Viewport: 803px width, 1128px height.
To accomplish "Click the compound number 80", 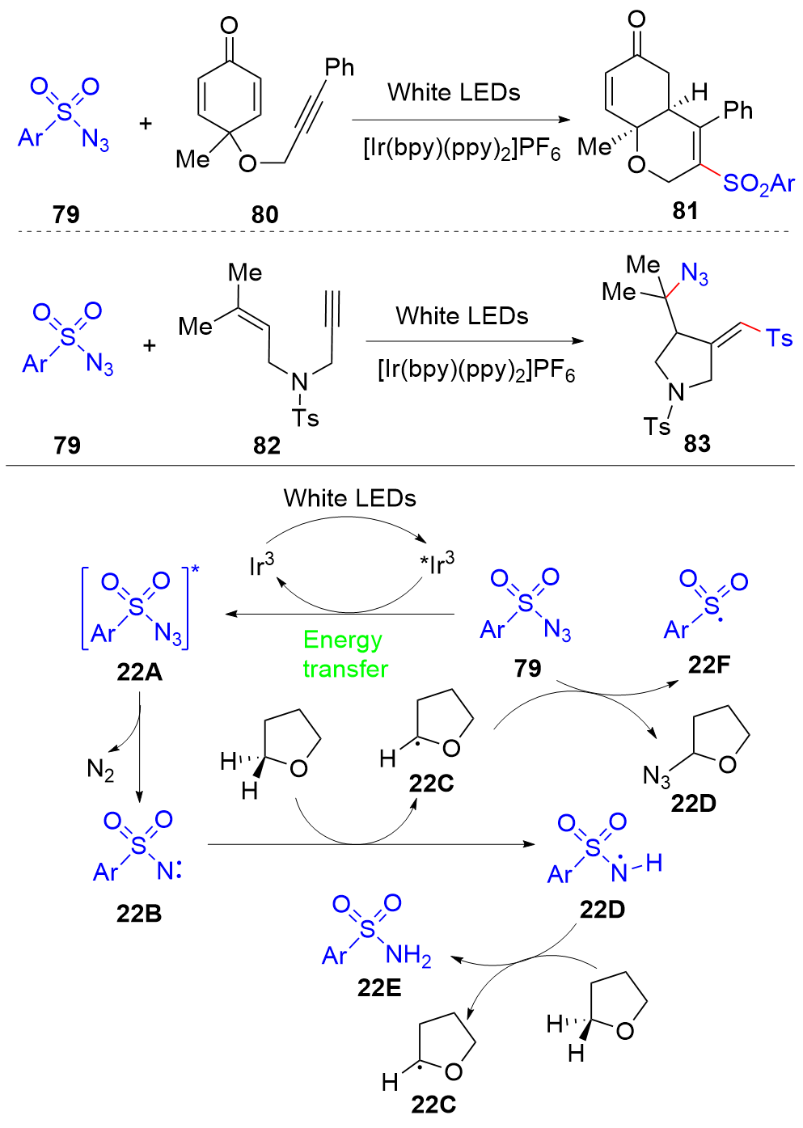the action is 265,215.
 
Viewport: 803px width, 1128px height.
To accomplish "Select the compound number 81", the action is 685,211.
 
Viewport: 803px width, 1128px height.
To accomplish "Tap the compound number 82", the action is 267,446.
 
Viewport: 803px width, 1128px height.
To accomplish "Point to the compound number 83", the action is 697,444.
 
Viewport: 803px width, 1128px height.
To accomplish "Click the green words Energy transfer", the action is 345,654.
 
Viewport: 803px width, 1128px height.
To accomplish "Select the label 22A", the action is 140,672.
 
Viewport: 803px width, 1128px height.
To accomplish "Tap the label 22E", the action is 379,988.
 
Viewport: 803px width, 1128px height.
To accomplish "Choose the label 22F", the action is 709,665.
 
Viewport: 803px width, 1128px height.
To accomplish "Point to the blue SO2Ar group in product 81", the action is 759,184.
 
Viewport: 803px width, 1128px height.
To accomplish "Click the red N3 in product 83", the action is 695,274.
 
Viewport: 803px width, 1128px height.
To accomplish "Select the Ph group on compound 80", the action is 339,67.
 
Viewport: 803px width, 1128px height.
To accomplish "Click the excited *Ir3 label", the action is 437,564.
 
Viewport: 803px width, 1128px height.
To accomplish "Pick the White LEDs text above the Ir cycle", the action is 349,498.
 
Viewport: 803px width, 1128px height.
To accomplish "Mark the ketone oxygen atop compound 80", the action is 229,25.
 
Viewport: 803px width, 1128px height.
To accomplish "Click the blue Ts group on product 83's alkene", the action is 779,338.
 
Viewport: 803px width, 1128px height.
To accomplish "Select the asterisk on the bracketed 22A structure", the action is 195,569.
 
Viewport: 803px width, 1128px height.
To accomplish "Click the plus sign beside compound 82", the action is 149,346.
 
